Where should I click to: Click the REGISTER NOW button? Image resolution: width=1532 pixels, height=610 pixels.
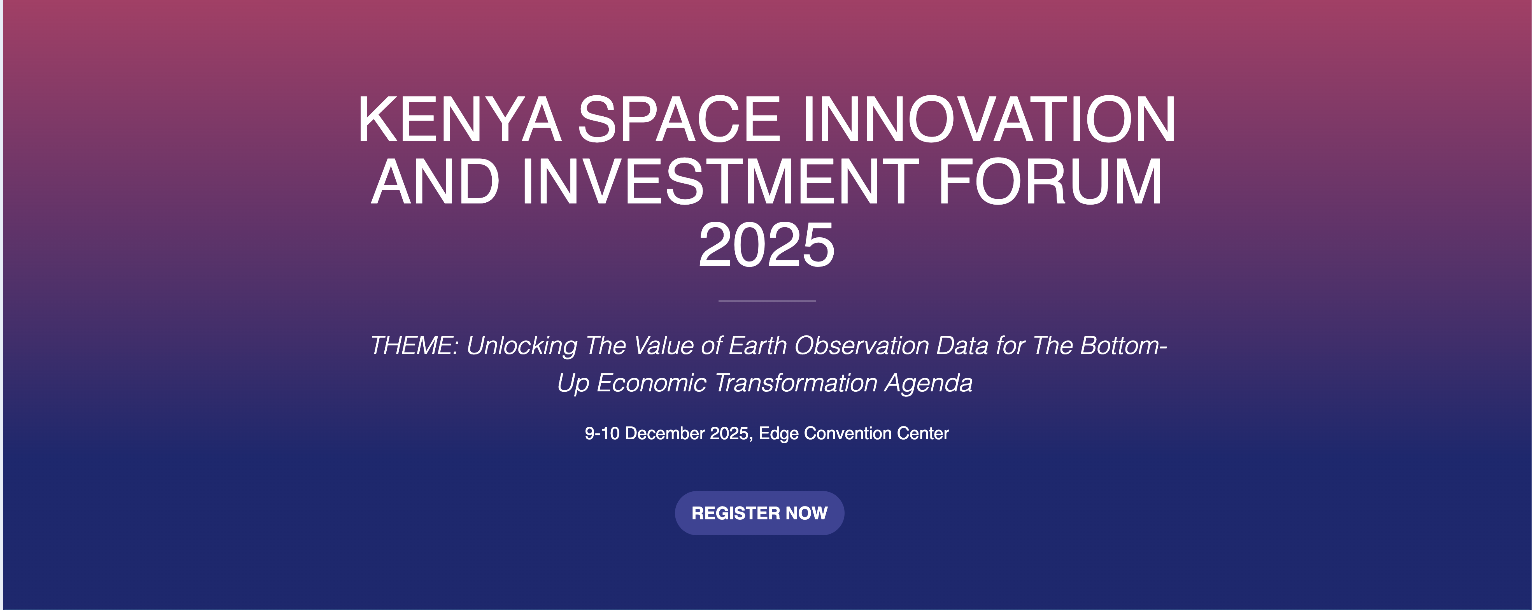point(759,513)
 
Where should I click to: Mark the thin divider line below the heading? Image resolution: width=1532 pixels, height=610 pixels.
point(767,301)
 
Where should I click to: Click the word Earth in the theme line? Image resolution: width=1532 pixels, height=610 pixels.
point(758,345)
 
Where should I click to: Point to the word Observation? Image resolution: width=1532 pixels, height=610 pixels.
point(861,345)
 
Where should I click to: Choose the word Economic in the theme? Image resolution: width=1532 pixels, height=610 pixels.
point(651,383)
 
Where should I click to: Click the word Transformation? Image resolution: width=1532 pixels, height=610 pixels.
point(796,383)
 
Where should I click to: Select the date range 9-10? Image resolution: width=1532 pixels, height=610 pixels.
point(602,433)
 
